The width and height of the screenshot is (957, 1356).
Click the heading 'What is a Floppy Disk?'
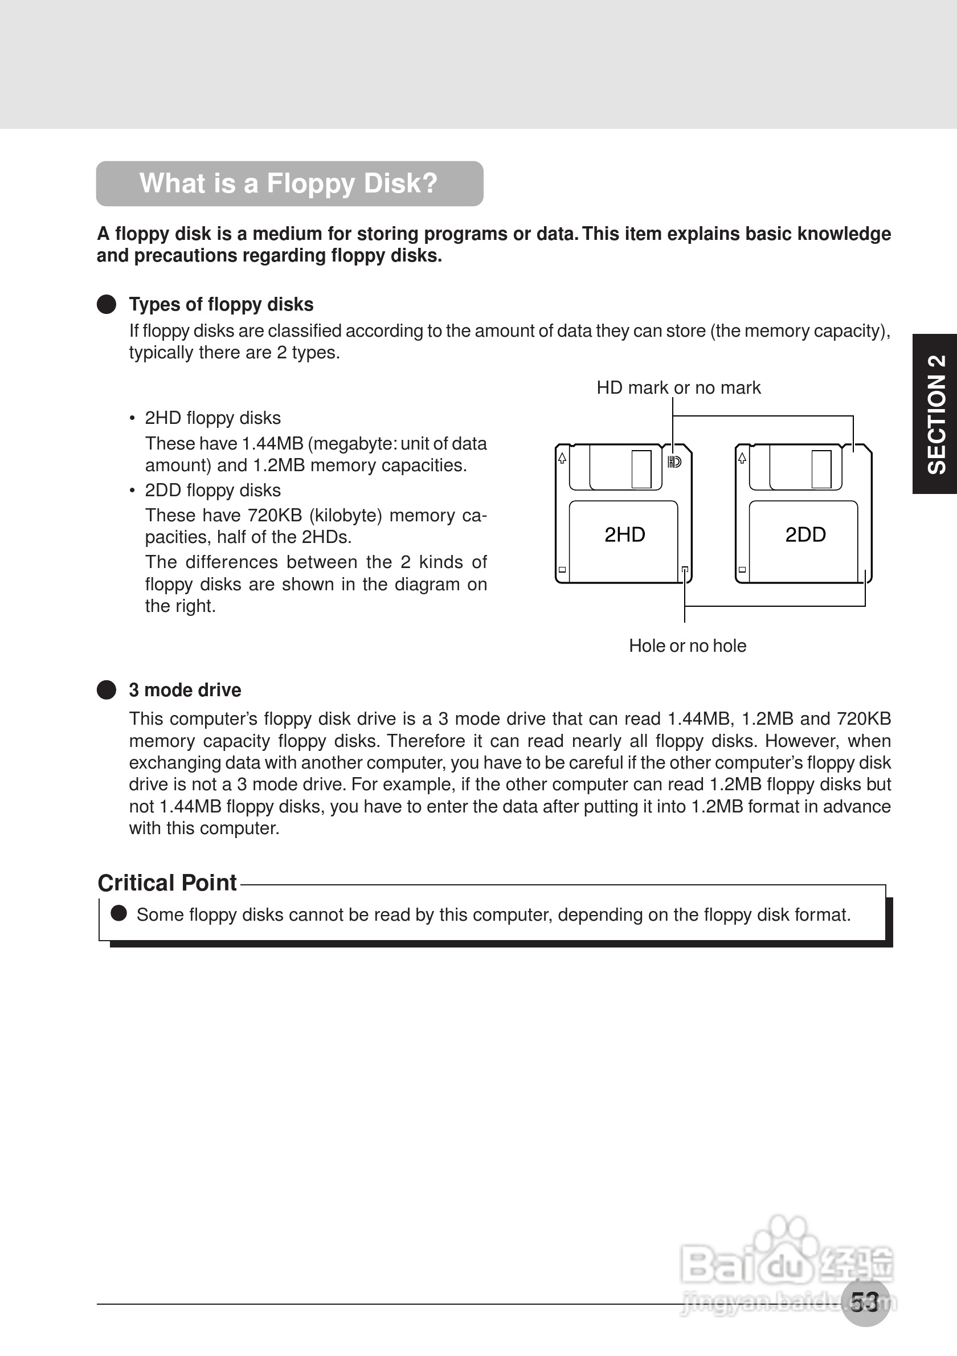click(x=289, y=183)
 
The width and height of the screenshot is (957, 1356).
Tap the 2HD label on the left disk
click(x=625, y=534)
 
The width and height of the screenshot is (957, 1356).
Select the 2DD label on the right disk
click(x=805, y=534)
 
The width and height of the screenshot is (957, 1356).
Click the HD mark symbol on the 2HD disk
click(x=674, y=462)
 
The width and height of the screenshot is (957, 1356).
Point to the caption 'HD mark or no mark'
click(x=678, y=387)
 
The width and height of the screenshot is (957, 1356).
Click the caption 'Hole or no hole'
click(x=687, y=646)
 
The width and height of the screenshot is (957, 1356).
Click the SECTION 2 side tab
click(x=936, y=414)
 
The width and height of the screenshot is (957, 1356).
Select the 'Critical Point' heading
click(x=167, y=883)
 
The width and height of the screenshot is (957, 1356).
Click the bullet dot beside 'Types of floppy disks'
click(x=107, y=304)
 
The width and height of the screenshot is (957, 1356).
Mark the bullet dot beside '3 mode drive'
click(x=107, y=690)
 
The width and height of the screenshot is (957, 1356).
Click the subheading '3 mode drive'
click(x=185, y=690)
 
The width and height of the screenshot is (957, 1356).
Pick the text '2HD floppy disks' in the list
click(x=212, y=418)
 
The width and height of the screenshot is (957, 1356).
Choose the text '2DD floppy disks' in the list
click(x=212, y=490)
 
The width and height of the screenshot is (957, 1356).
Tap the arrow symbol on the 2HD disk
click(x=562, y=458)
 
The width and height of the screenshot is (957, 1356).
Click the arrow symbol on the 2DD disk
click(x=742, y=458)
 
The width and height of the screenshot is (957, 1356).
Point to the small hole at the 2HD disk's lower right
click(x=685, y=570)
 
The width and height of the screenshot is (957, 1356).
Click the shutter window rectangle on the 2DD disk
click(x=821, y=469)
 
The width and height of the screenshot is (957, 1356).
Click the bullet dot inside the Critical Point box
click(x=119, y=913)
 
